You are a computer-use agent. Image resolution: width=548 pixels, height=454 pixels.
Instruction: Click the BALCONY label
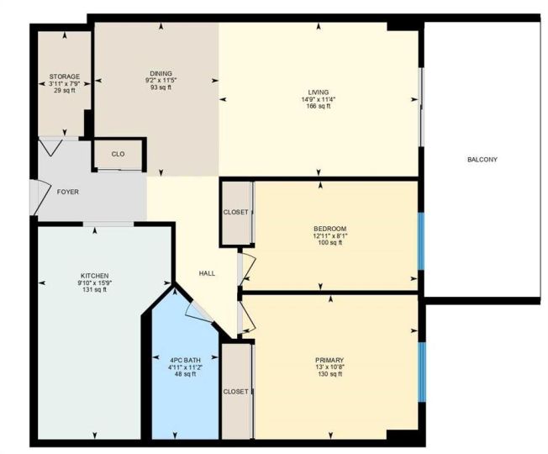click(482, 160)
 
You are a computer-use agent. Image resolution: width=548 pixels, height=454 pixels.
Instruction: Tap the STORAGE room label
click(65, 77)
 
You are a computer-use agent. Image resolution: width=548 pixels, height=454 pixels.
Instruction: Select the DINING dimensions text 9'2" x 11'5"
click(161, 81)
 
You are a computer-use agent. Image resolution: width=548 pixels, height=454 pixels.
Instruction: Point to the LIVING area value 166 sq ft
click(319, 106)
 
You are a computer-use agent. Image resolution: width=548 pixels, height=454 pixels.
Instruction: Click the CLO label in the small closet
click(119, 154)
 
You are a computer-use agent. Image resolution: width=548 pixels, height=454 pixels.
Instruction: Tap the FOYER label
click(68, 192)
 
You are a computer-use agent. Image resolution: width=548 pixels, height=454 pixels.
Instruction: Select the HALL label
click(207, 273)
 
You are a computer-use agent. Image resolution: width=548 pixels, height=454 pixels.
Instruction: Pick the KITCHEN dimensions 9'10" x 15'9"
click(95, 282)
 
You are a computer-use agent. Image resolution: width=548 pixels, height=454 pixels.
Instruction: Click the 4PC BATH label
click(185, 361)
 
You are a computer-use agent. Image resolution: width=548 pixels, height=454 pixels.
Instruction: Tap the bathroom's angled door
click(199, 311)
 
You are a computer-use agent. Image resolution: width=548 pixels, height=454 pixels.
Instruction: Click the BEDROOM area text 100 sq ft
click(330, 242)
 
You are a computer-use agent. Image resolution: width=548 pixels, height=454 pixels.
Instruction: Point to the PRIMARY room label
click(329, 361)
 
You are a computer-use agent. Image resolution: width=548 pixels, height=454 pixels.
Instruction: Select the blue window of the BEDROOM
click(421, 241)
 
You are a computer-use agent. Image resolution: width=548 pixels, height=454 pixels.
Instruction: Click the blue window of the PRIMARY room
click(422, 372)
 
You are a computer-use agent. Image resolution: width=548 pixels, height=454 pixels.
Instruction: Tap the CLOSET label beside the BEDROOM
click(236, 213)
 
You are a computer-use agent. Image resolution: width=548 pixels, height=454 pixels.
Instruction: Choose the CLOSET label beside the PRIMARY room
click(236, 392)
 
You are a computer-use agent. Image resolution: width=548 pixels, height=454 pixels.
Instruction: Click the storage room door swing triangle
click(51, 147)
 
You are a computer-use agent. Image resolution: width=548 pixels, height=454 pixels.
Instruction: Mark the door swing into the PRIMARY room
click(247, 318)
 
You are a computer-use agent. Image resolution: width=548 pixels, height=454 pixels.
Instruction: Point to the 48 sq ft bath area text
click(185, 374)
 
